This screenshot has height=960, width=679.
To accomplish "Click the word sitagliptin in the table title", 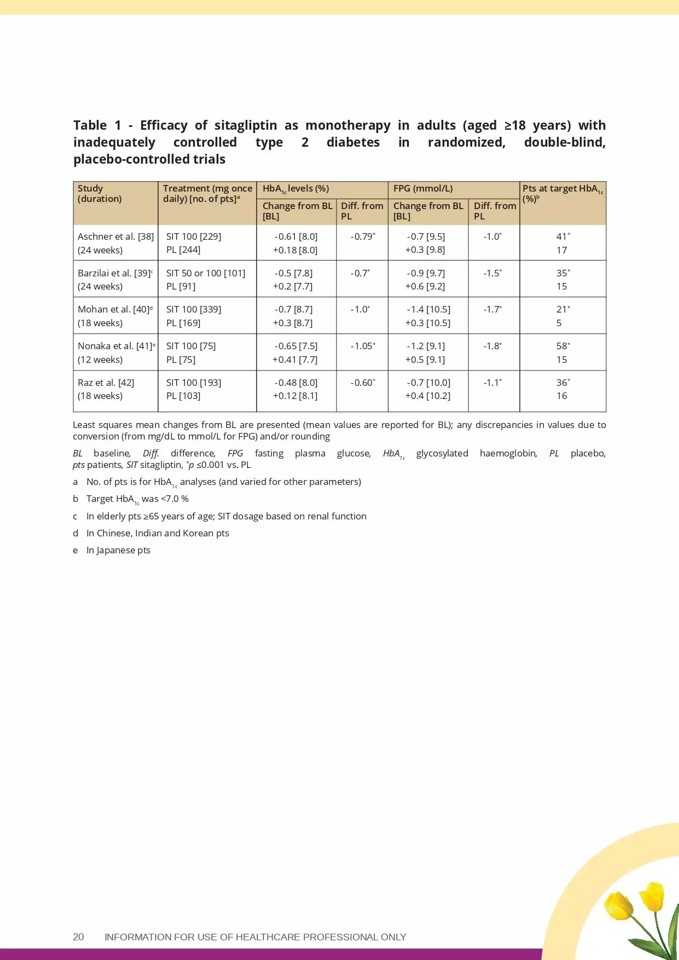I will (245, 125).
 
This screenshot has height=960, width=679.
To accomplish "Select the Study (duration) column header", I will (100, 193).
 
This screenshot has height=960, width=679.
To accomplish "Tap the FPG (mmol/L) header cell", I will (423, 188).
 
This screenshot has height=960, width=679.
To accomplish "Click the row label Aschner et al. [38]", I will (115, 236).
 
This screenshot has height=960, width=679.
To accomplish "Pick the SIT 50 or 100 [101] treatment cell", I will (206, 273).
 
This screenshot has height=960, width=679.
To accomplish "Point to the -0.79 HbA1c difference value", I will (362, 236).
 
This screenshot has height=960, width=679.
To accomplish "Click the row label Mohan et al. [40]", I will (114, 309).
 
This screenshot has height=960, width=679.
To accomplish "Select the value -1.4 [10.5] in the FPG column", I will (428, 309).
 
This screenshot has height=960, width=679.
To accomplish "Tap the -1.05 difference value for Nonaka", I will (362, 346).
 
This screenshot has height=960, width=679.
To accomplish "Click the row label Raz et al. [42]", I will (106, 383).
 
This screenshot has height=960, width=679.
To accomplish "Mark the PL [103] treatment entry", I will (183, 396).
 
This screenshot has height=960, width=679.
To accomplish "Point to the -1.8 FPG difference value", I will (492, 346).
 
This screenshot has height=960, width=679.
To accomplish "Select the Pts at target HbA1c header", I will (562, 193).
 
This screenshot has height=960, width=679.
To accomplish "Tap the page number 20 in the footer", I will (78, 937).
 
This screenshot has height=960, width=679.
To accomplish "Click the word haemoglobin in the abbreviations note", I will (508, 453).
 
